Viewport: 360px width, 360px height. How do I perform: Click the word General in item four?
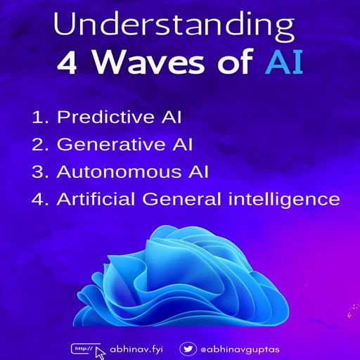181,199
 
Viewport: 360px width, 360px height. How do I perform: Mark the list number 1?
39,117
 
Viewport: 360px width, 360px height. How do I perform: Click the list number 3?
39,172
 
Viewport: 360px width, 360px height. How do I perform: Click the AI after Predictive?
165,117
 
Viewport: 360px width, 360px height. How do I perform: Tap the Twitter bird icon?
188,348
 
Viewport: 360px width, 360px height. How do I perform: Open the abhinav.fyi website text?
138,349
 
